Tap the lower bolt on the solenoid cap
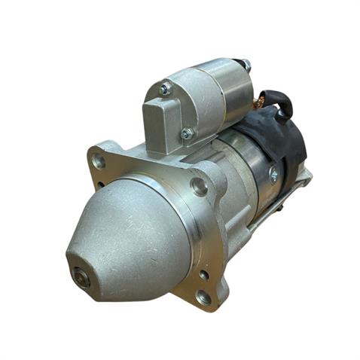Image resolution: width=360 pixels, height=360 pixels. pos(187,134)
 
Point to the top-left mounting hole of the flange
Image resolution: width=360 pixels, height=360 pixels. pos(98,160)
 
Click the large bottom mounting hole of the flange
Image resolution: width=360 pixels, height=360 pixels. pos(204,297)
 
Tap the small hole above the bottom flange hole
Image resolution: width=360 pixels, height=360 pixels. pos(203,274)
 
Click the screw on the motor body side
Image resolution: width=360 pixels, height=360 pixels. pos(273,175)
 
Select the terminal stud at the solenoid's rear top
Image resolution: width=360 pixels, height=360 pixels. pos(246,65)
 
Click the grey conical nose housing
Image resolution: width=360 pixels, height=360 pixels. pos(124,233)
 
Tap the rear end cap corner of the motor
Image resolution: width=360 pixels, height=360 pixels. pos(304,178)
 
